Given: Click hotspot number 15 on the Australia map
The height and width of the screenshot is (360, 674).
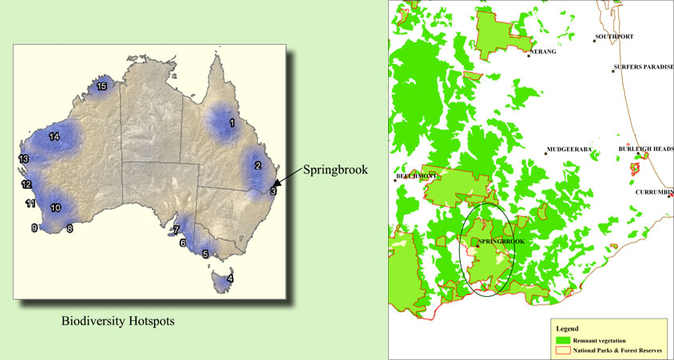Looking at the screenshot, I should [101, 85].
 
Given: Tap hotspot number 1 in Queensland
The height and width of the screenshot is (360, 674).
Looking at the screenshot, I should [232, 123].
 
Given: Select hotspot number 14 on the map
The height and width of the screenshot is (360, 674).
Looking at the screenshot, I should [54, 136].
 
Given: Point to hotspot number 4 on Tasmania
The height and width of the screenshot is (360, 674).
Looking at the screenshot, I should [230, 279].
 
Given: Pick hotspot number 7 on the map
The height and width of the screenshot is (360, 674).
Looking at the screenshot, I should [175, 229].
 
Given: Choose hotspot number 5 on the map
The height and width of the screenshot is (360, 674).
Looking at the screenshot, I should [205, 255].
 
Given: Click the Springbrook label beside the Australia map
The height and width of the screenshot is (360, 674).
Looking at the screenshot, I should [327, 170].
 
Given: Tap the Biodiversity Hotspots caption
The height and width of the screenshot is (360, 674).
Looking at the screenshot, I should [117, 322].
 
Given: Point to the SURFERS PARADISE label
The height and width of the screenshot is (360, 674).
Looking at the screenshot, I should [644, 67].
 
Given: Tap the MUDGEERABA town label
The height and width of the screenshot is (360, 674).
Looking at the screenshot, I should [569, 150].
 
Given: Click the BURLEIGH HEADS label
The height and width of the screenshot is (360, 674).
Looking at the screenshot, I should [645, 149].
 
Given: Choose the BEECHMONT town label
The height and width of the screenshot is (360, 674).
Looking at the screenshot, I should [414, 176].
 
